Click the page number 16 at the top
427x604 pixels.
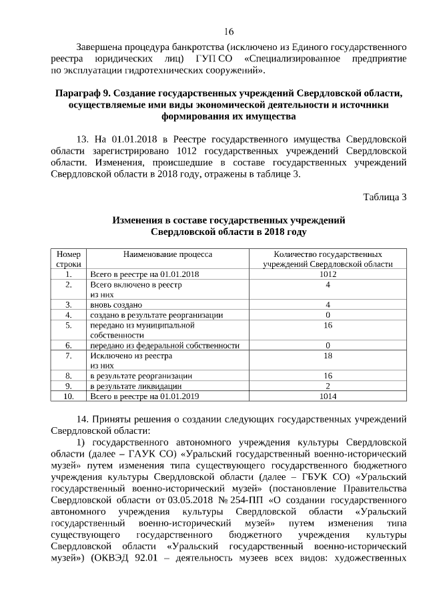point(229,31)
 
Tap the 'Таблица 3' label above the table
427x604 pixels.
point(384,196)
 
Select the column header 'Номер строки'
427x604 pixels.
point(69,259)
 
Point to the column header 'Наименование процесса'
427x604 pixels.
point(167,254)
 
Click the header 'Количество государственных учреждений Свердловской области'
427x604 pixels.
point(328,259)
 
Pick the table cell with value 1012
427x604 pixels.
point(328,274)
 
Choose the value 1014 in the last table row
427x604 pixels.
point(328,396)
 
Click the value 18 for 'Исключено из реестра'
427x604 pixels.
point(328,356)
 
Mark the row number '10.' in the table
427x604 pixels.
point(69,396)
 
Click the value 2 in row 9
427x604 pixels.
point(328,386)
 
